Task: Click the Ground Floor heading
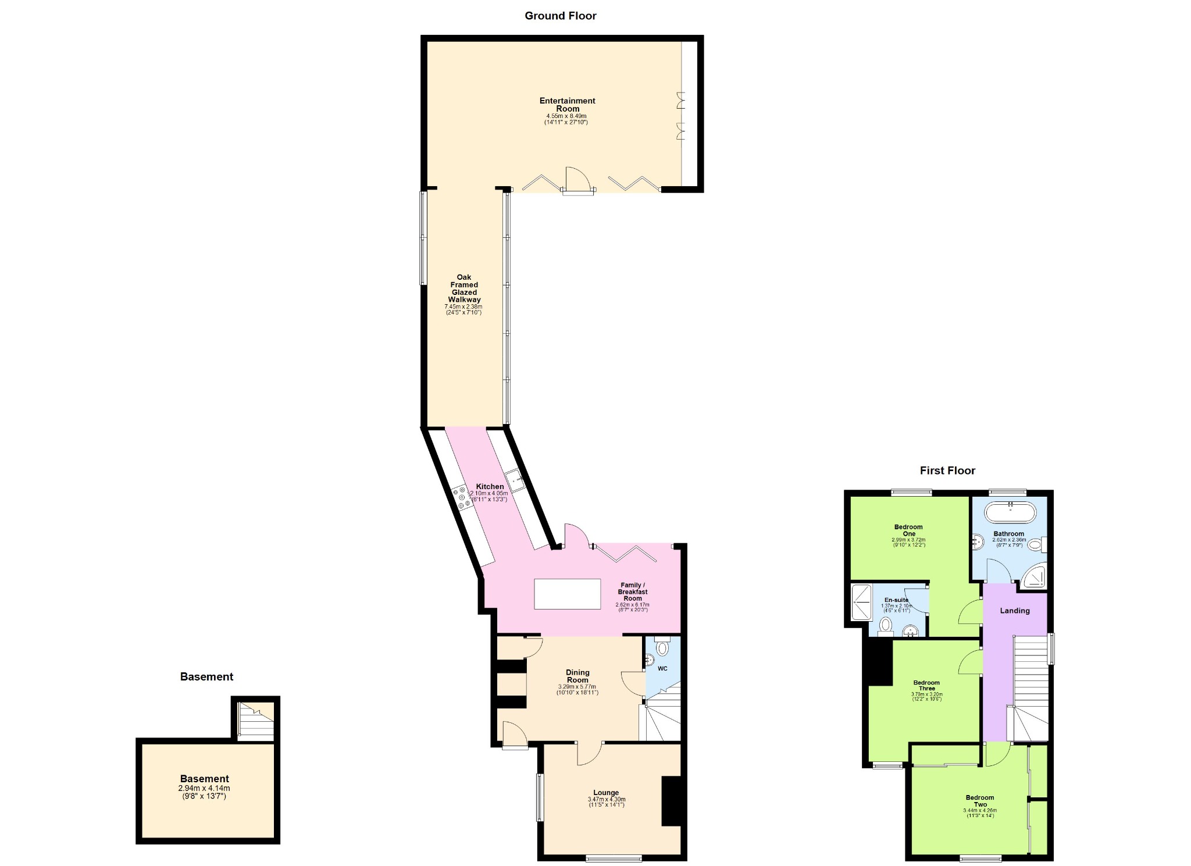pos(560,16)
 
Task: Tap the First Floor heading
pos(947,471)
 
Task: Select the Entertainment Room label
pos(568,105)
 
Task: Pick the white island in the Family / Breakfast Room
pos(568,594)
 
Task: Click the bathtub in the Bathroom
pos(1010,512)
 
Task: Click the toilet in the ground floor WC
pos(662,646)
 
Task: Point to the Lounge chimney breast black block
pos(671,801)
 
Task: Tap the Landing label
pos(1015,611)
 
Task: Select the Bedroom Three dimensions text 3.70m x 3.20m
pos(926,694)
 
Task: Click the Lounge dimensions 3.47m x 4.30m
pos(607,799)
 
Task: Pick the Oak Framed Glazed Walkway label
pos(464,288)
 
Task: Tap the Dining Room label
pos(577,676)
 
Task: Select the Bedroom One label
pos(908,530)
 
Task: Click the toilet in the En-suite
pos(886,625)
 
